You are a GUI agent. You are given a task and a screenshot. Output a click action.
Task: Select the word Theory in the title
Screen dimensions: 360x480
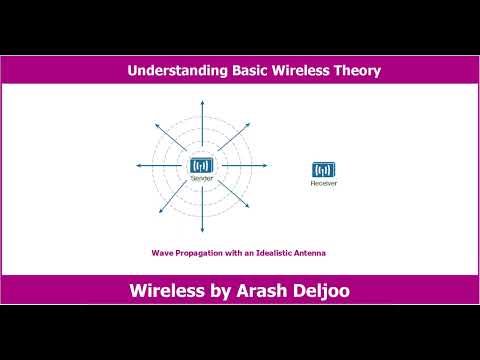tap(354, 71)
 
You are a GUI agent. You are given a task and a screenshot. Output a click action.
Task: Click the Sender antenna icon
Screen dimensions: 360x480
tap(202, 164)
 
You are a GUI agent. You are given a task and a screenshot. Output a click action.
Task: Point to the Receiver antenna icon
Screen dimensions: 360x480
tap(323, 169)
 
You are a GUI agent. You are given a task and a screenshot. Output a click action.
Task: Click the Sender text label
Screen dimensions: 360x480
tap(202, 177)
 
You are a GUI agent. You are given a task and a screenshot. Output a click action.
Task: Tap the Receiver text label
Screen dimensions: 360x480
tap(323, 183)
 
